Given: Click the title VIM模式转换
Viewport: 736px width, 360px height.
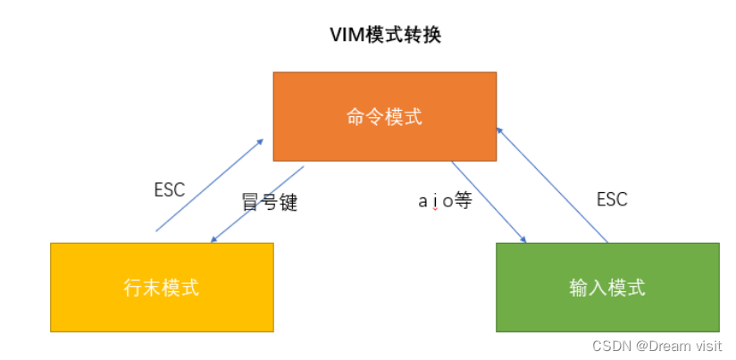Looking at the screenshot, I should pos(385,35).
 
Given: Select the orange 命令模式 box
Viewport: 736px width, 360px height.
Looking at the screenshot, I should pos(384,116).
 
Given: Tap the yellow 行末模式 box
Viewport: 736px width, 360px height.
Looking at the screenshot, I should pos(161,287).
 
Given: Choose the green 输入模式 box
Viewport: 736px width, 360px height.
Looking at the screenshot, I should pos(607,287).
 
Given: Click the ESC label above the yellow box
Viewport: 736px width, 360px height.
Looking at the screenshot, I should pos(169,189).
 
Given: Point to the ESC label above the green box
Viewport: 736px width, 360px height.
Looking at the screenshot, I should pos(612,199).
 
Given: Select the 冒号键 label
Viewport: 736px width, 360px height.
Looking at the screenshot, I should pos(269,202).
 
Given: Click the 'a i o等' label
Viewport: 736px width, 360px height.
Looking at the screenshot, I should pos(444,200).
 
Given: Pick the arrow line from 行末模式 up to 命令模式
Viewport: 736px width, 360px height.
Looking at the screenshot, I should pos(210,185).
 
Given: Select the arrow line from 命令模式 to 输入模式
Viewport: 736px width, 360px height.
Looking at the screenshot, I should pos(488,202).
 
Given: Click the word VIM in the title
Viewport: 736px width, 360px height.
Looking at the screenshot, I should pos(349,35).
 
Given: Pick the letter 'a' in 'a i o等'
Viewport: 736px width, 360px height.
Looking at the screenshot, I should pos(422,201).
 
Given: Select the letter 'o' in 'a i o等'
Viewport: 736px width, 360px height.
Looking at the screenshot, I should pos(447,201).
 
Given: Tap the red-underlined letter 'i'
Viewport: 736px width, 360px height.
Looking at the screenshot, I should pos(435,201).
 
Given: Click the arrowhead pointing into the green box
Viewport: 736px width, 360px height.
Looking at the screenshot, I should pos(523,239).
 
